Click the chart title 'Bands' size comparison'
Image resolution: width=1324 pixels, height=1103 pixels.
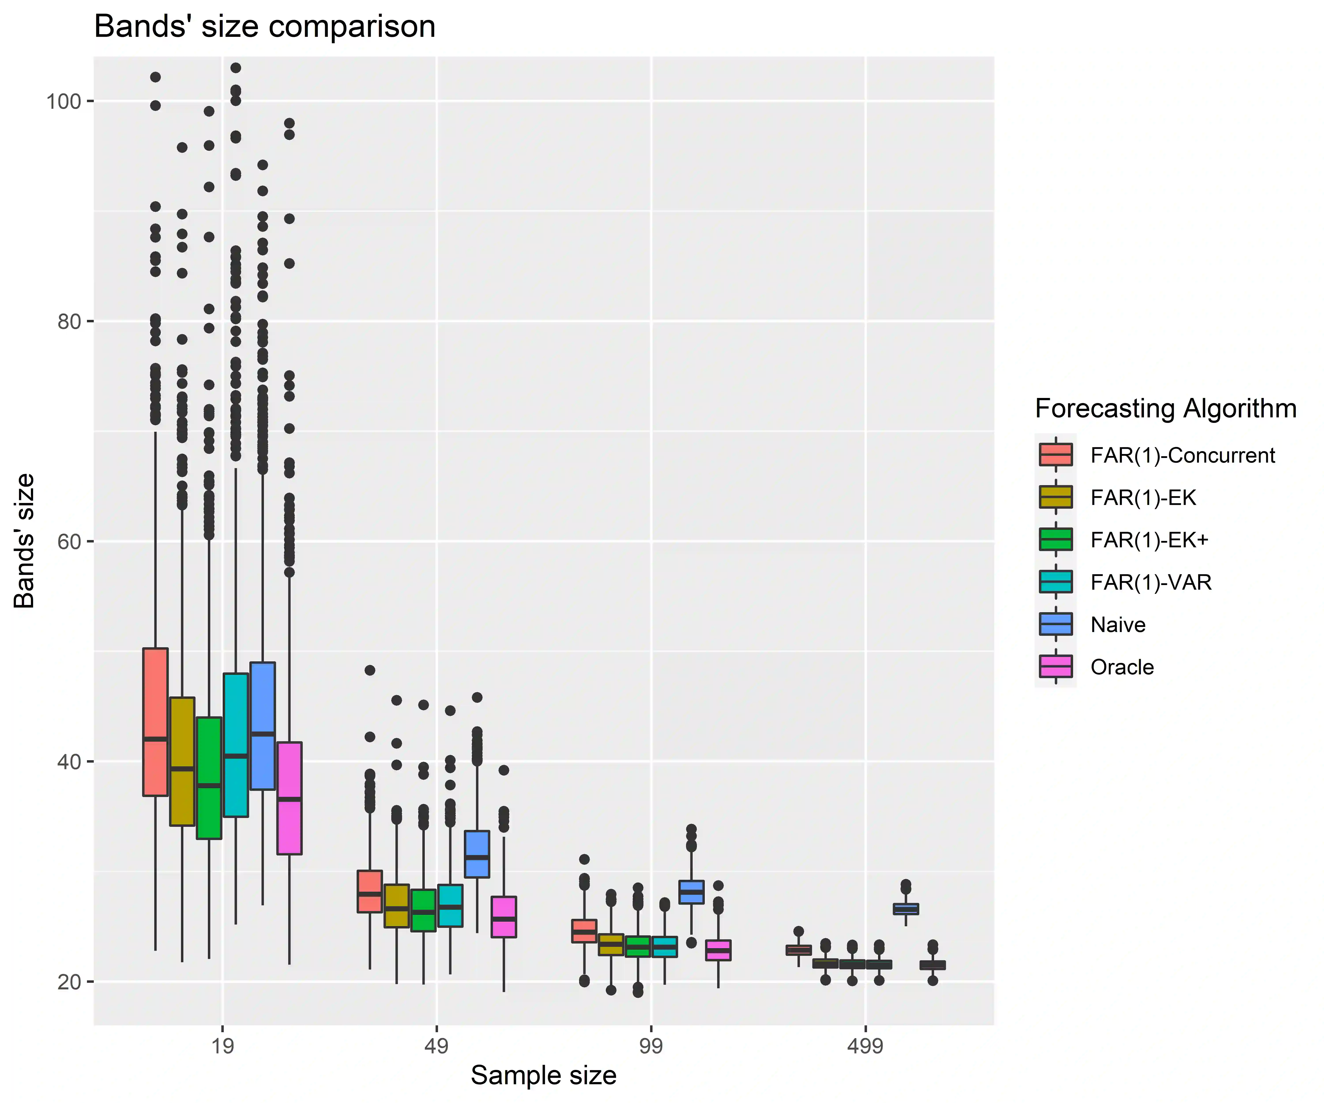click(265, 27)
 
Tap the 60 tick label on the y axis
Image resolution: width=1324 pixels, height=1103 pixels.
click(69, 541)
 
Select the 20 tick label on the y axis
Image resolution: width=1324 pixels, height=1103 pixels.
click(69, 982)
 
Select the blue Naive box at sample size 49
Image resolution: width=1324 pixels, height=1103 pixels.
click(477, 854)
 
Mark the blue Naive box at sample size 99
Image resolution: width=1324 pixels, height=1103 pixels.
click(692, 892)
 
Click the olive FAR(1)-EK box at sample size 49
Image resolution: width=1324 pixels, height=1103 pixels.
click(397, 906)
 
